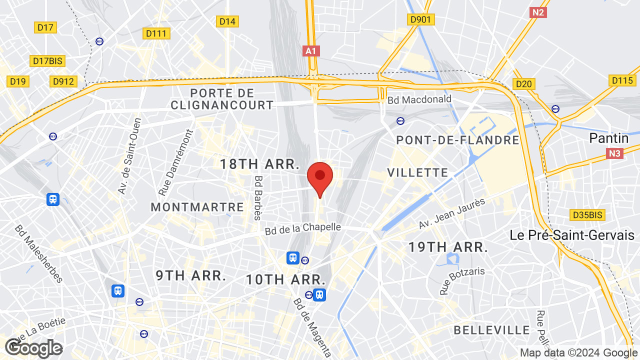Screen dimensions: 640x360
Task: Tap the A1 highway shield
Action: (x=311, y=51)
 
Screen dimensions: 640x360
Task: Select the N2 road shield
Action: (x=538, y=12)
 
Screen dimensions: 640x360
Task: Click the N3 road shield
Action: (x=615, y=153)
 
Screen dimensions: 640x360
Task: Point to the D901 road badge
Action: (x=420, y=19)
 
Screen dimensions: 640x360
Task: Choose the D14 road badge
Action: (x=227, y=21)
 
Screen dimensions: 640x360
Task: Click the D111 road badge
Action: (x=156, y=33)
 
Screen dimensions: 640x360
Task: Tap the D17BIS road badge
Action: (x=47, y=61)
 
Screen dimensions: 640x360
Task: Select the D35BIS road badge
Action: (x=587, y=215)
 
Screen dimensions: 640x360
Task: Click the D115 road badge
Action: (x=622, y=80)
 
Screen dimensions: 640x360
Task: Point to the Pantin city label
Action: (x=608, y=138)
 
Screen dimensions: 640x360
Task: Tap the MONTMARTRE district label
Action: (x=197, y=207)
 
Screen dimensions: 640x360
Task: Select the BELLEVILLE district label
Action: (x=491, y=330)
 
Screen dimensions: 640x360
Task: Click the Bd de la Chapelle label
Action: (x=302, y=228)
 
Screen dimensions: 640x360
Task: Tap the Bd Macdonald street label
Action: (x=419, y=99)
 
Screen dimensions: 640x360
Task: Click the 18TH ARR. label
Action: (x=259, y=164)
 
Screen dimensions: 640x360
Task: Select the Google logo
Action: (x=33, y=348)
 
